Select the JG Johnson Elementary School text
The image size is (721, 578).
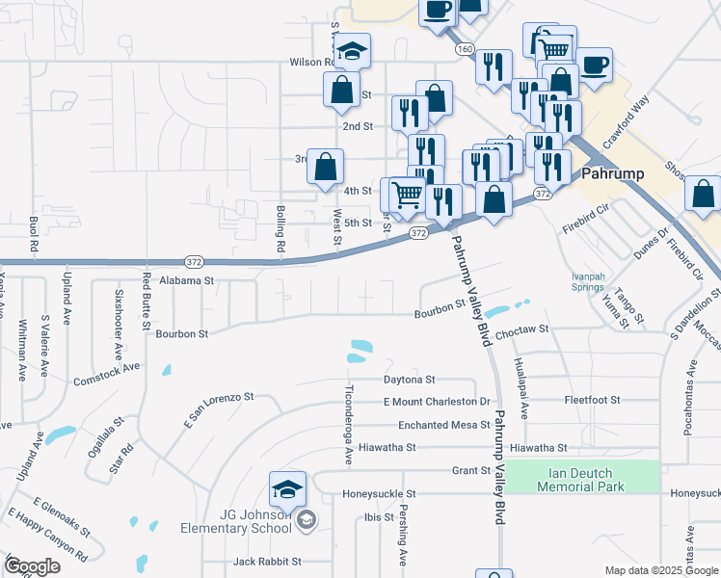[x=236, y=521]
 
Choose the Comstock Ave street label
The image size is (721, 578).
[x=106, y=367]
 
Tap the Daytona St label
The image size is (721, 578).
[x=410, y=380]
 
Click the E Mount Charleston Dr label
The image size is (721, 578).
[x=437, y=401]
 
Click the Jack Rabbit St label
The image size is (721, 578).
[x=267, y=561]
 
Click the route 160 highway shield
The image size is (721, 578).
[x=466, y=48]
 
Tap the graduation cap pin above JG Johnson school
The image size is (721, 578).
[x=287, y=491]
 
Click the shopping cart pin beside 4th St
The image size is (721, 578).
[x=410, y=196]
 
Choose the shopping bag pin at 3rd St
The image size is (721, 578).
[x=327, y=167]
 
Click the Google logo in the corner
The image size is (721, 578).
[x=33, y=566]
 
